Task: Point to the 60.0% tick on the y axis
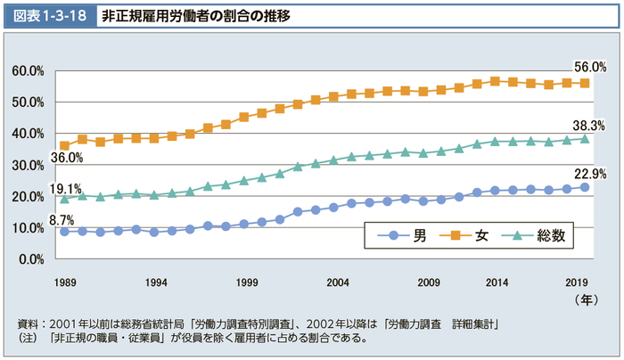[29, 70]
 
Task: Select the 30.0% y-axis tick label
[29, 165]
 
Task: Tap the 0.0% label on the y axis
[31, 259]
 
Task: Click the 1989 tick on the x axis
[64, 282]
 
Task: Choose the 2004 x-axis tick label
[337, 282]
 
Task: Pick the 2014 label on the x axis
[497, 282]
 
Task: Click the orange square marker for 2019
[585, 83]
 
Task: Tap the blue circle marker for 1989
[64, 232]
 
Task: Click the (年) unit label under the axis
[587, 299]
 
